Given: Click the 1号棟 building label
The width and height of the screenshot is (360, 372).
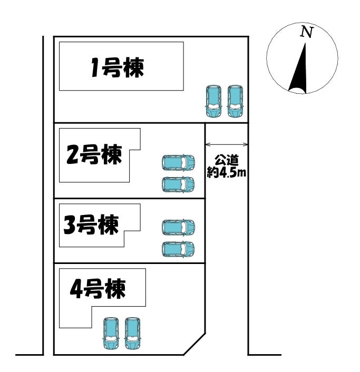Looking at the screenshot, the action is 118,67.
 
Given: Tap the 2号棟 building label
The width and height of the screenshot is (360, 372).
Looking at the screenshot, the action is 94,154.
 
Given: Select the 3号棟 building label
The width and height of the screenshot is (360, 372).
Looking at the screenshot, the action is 91,224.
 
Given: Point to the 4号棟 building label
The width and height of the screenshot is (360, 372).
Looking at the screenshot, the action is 98,289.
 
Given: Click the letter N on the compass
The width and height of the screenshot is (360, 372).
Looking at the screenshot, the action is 307,32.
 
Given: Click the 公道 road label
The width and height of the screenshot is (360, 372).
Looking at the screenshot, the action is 227,161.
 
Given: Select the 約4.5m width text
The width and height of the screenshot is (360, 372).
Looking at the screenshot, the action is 227,172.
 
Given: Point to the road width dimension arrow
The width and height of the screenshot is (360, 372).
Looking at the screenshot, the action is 227,144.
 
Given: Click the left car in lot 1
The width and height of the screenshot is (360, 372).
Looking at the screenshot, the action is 213,101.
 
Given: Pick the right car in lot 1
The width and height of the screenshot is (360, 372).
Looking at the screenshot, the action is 235,101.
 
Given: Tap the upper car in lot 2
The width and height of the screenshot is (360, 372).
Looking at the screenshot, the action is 178,163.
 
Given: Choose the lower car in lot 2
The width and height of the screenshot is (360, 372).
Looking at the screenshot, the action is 178,184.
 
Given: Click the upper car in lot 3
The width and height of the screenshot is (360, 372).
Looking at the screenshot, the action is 178,227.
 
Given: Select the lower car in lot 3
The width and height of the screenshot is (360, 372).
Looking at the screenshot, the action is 178,249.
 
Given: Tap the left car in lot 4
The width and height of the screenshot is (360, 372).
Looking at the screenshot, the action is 111,334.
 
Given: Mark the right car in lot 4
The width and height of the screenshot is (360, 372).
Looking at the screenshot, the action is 132,334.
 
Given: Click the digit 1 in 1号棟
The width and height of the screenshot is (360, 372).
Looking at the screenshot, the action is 95,68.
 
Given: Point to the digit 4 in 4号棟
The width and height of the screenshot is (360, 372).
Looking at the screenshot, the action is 76,289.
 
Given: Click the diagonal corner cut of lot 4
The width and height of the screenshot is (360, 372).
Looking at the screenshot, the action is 194,344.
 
